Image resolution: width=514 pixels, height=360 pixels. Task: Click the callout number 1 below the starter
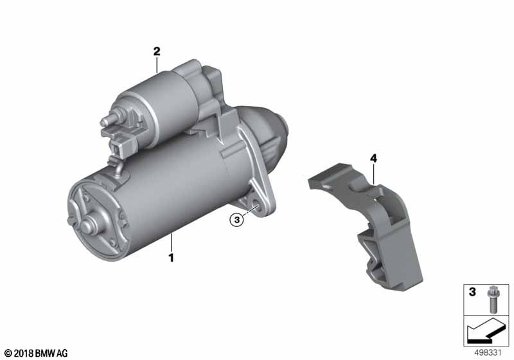(171, 257)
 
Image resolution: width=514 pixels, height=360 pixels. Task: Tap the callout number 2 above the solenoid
(157, 51)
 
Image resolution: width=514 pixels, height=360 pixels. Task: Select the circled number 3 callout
(237, 220)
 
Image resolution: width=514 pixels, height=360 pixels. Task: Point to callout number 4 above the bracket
(373, 159)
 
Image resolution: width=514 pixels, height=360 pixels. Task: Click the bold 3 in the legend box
(472, 291)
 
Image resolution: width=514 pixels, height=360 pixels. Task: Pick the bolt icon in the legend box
(493, 299)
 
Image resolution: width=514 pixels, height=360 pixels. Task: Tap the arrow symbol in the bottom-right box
(486, 330)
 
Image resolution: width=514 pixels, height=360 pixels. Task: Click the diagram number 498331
(488, 353)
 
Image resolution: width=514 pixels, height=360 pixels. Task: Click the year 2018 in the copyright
(24, 354)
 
